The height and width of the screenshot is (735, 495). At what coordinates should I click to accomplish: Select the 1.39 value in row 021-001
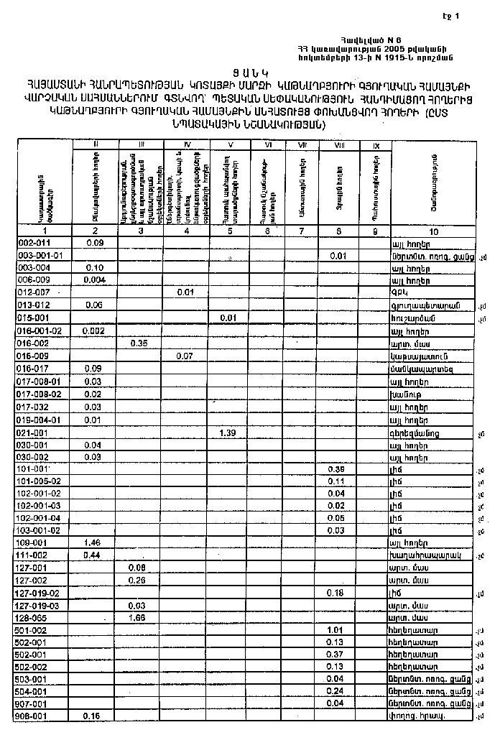click(228, 433)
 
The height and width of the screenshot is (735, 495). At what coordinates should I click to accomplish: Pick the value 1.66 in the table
click(138, 618)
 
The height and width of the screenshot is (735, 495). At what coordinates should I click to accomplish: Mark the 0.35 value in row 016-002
click(139, 343)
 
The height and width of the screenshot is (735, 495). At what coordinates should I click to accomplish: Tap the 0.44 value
click(91, 555)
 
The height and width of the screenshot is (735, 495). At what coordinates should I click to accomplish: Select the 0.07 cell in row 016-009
click(185, 355)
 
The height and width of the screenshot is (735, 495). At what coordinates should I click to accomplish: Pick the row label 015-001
click(32, 318)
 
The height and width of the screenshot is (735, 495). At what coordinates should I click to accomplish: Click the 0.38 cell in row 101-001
click(336, 469)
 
